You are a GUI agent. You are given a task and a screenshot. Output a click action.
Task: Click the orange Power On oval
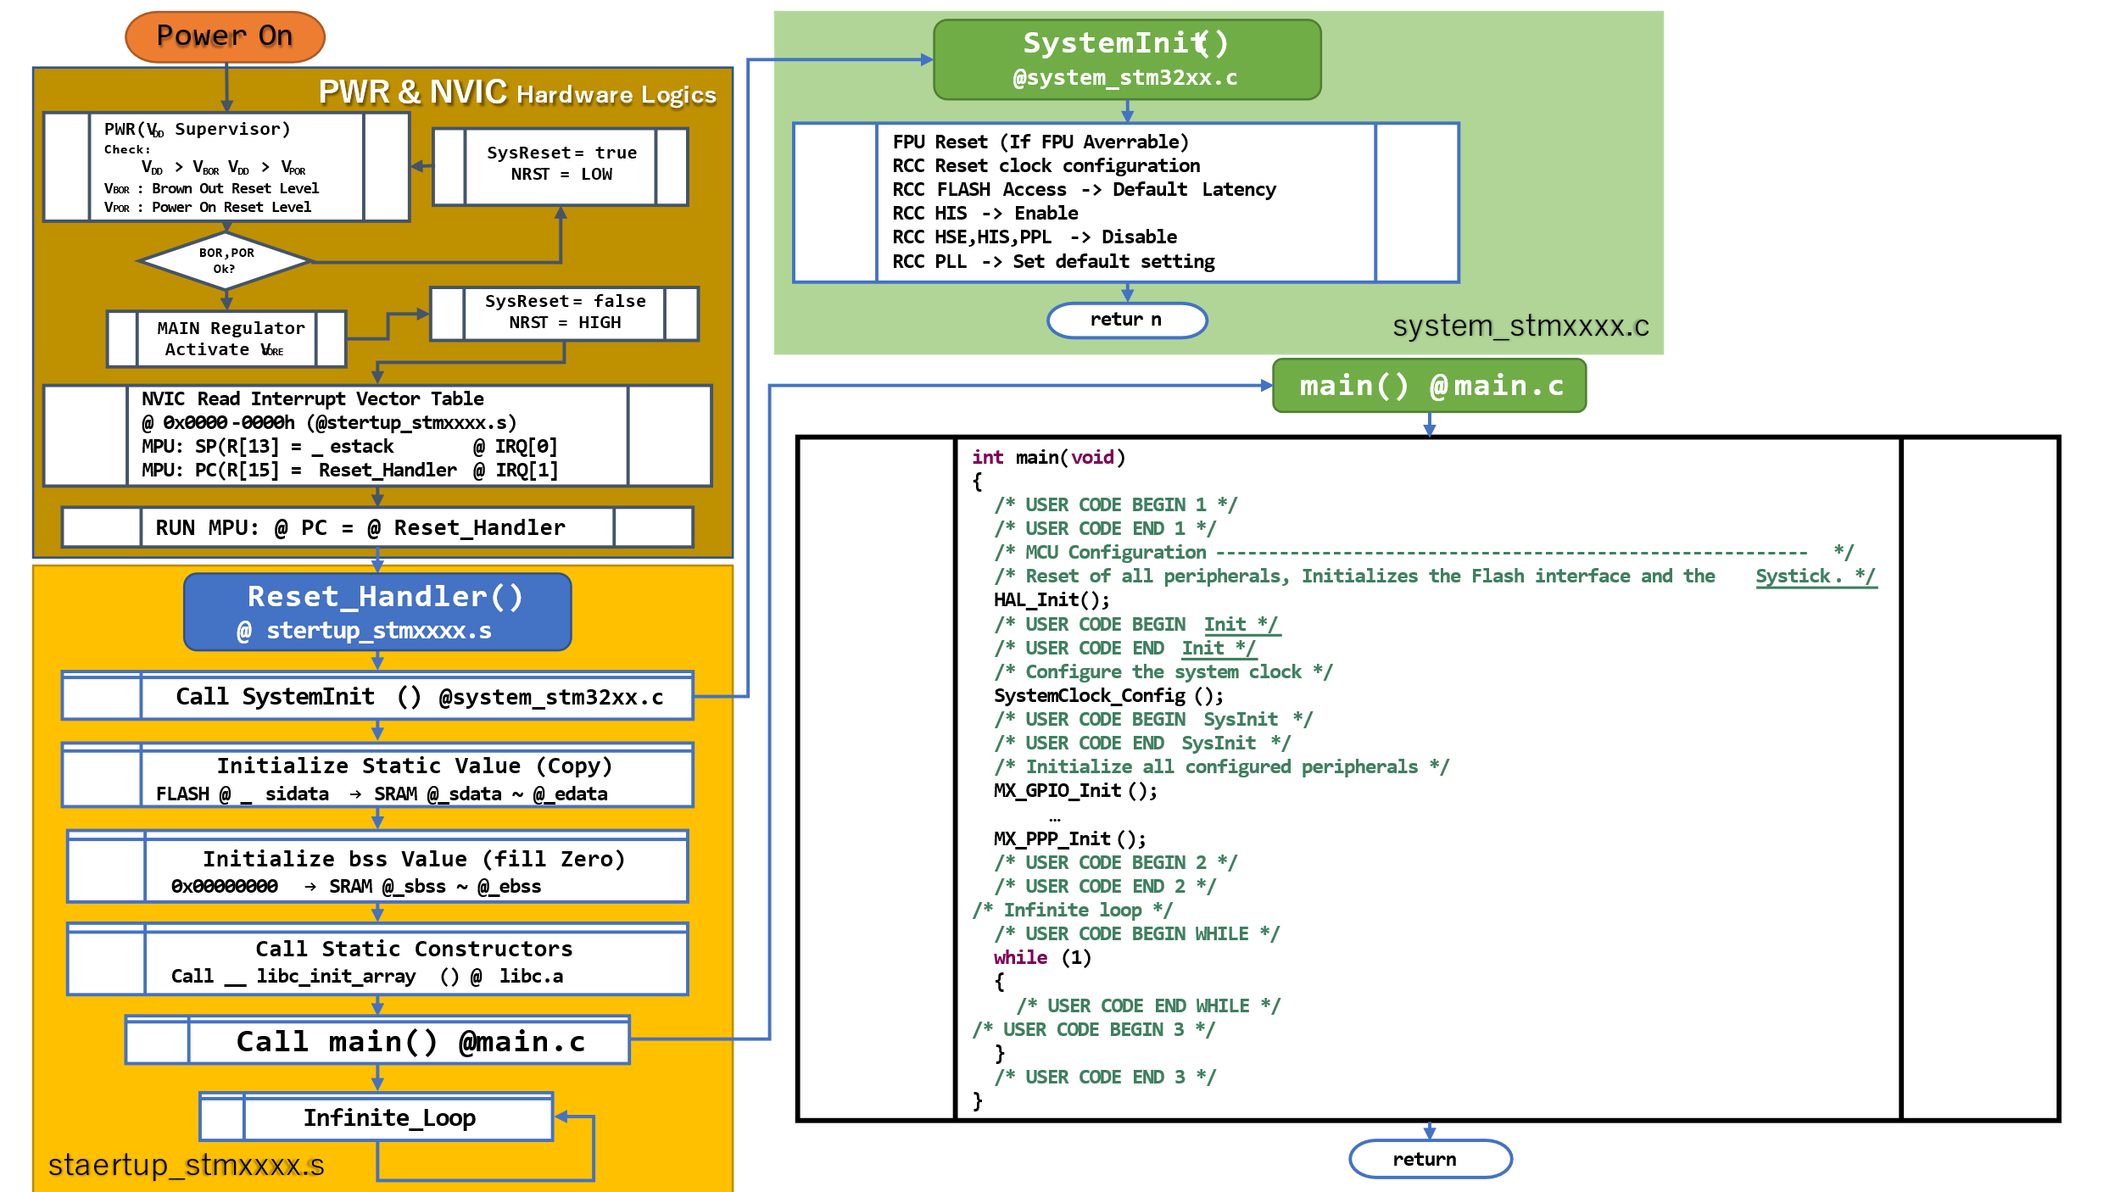225,36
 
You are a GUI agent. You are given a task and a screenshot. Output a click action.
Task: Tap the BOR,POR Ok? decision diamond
225,261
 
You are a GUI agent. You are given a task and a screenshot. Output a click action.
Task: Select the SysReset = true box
561,166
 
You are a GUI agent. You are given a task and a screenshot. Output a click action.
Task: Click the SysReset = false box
564,314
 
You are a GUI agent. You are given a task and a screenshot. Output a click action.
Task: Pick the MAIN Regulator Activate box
226,339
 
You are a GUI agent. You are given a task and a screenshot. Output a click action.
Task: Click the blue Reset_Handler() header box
377,612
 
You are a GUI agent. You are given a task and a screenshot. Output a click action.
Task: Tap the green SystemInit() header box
1127,59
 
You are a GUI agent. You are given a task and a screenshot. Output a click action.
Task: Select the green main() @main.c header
1430,386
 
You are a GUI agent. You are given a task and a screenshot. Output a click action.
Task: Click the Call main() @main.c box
377,1040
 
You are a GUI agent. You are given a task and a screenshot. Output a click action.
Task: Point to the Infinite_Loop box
377,1117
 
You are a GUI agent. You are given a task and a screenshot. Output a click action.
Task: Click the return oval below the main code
1431,1159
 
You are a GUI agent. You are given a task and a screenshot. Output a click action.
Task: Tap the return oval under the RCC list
1127,320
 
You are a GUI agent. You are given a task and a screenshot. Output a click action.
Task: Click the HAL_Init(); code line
1052,600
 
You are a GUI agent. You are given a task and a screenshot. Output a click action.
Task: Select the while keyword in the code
1020,958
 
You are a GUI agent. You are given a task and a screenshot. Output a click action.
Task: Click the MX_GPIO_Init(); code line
1075,791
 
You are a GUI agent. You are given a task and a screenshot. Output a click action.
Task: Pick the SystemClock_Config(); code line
1108,696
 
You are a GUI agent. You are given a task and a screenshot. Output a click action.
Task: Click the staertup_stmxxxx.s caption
187,1166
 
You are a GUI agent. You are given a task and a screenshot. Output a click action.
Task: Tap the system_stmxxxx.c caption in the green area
1520,326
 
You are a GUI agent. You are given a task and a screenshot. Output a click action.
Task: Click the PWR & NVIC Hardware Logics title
517,92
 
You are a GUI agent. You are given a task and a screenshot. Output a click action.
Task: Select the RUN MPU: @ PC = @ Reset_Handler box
377,527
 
